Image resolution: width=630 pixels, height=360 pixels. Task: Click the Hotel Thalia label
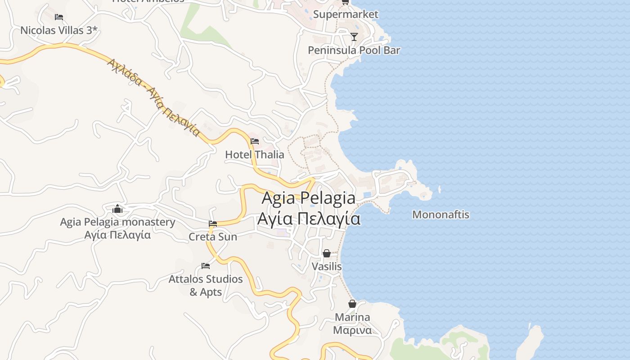coord(254,154)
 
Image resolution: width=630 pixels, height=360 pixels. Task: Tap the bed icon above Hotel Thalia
coord(255,141)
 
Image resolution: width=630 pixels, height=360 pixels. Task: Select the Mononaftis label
coord(441,215)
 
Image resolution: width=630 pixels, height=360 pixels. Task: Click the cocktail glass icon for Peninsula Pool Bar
coord(354,36)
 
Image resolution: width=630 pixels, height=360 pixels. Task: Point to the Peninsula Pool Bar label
coord(354,50)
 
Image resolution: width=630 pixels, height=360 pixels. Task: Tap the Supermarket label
coord(346,14)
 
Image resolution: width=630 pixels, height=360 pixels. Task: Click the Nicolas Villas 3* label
coord(59,31)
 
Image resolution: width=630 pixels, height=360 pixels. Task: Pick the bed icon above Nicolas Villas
coord(59,17)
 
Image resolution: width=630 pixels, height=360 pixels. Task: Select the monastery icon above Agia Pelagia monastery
coord(117,209)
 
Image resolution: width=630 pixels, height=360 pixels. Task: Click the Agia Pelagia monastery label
coord(117,222)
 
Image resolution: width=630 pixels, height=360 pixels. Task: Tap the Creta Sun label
coord(213,236)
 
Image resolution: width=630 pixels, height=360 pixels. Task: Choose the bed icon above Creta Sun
coord(213,223)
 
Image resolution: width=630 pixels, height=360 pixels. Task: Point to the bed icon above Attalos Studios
coord(206,265)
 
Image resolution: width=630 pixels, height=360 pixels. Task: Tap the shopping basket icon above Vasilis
coord(327,253)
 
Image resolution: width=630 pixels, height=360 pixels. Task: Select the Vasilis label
coord(327,266)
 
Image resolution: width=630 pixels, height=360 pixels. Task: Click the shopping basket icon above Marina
coord(352,304)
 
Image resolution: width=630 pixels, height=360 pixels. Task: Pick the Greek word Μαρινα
coord(352,330)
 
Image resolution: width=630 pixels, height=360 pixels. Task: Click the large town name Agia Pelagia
coord(308,198)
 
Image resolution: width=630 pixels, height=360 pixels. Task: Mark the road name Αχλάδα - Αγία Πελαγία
coord(153,97)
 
